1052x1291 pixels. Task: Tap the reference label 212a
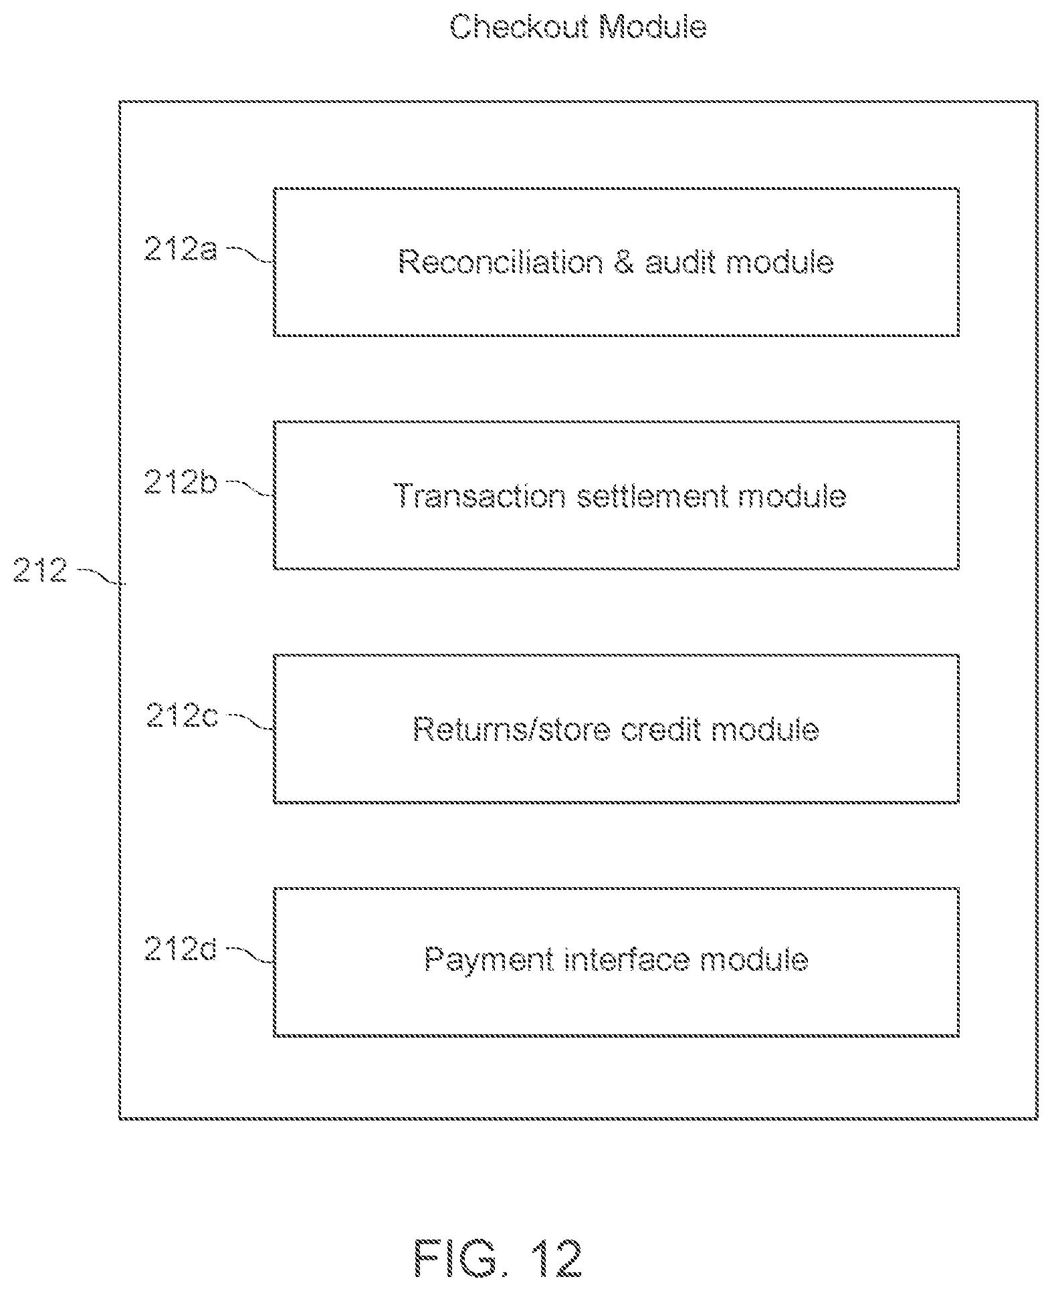[x=181, y=249]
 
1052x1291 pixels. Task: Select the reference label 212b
[x=181, y=481]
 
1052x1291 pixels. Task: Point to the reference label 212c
[x=182, y=715]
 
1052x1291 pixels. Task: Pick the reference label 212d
[x=181, y=949]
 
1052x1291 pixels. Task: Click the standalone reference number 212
[x=40, y=571]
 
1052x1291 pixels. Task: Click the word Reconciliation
[x=500, y=261]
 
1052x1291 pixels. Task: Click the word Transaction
[x=480, y=496]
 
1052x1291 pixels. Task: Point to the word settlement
[x=652, y=496]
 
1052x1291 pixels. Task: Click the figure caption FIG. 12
[x=498, y=1258]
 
